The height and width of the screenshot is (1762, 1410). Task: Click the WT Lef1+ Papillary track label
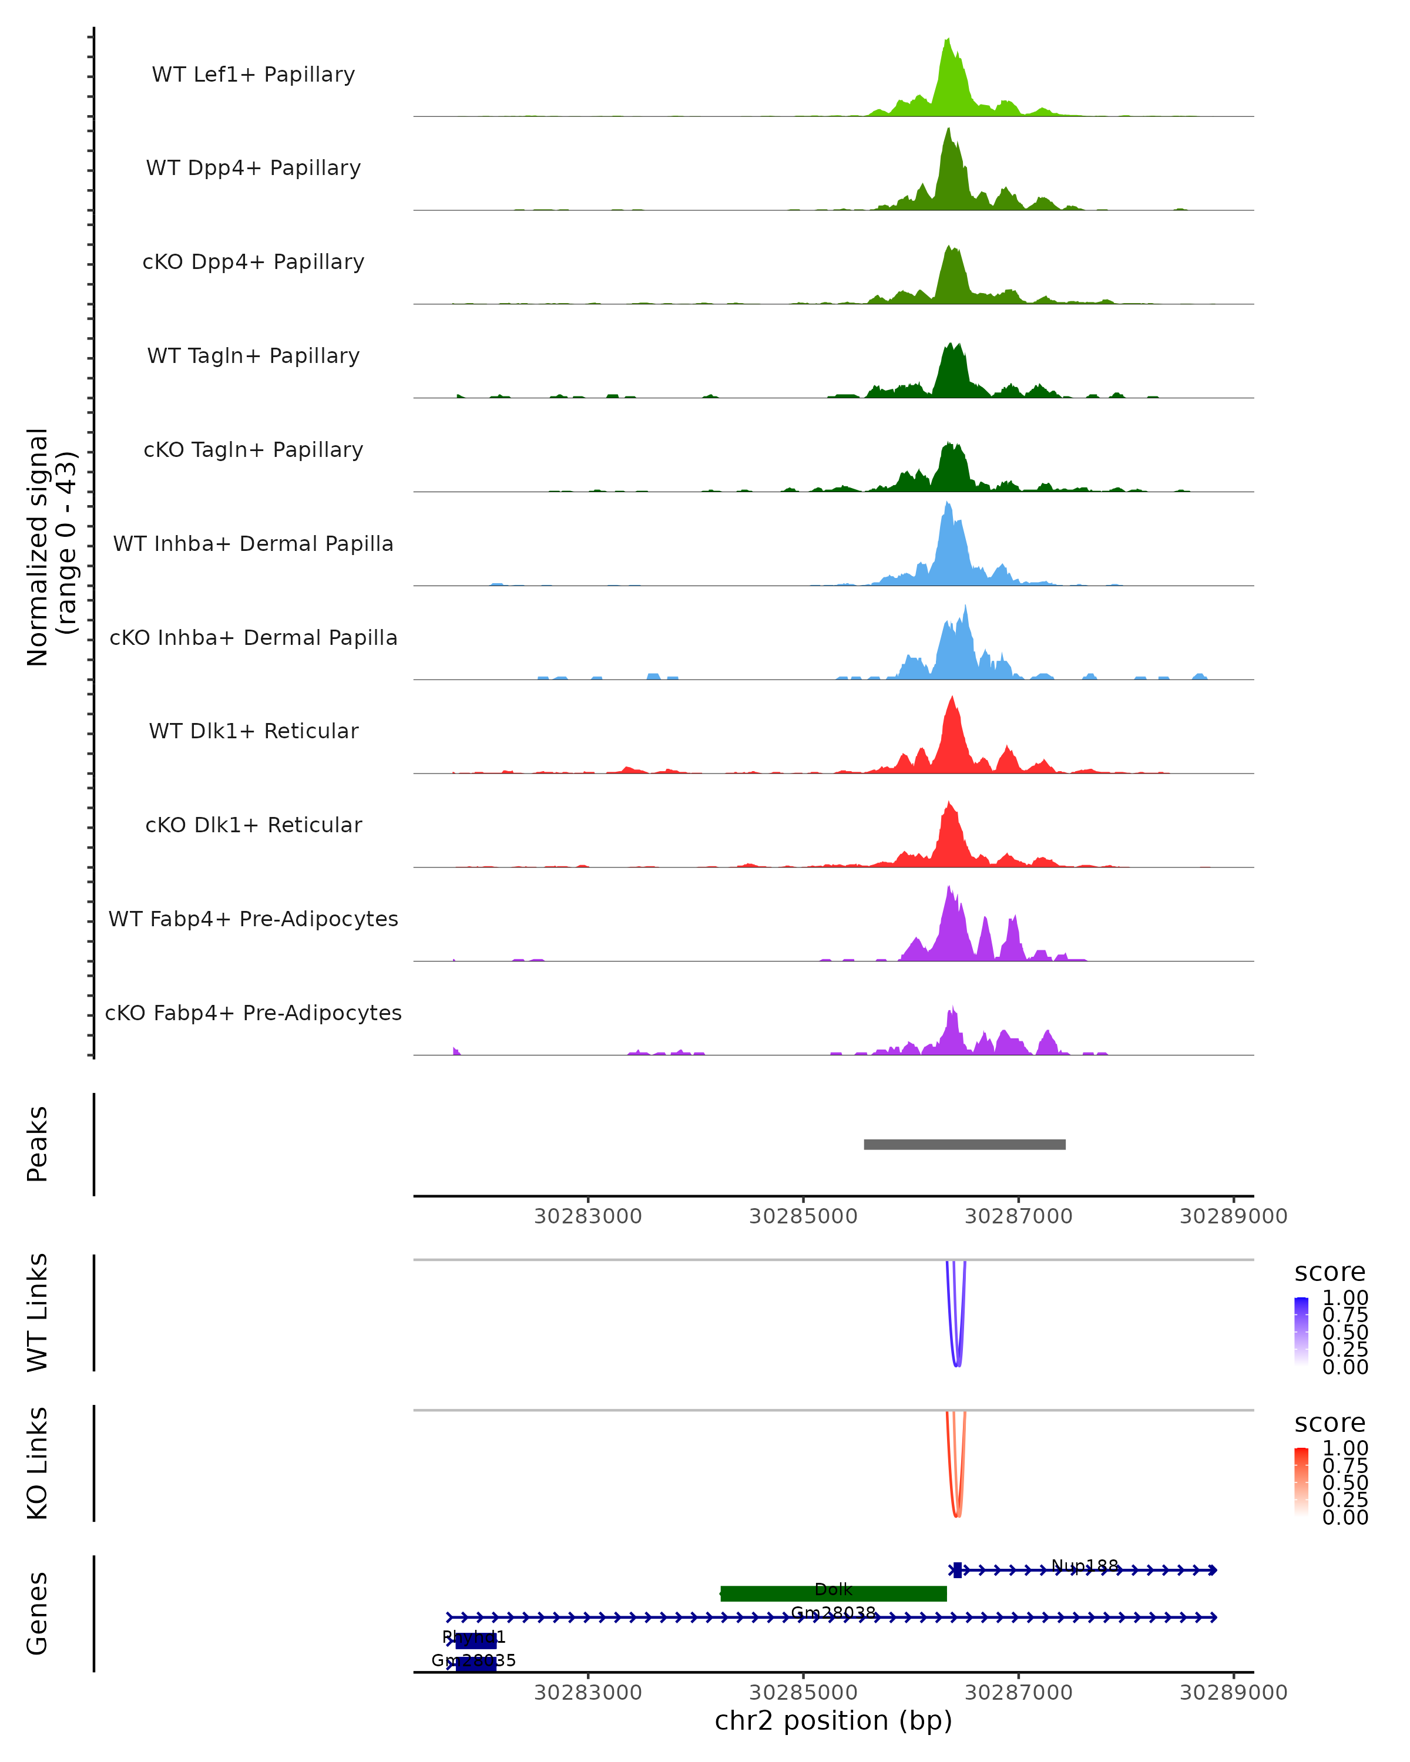pyautogui.click(x=253, y=75)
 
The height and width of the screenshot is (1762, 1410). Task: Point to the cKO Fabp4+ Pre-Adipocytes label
pyautogui.click(x=253, y=1013)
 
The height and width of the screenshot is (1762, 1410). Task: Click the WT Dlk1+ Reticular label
pyautogui.click(x=253, y=731)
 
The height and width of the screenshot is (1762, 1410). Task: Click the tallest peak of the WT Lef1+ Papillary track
pyautogui.click(x=948, y=40)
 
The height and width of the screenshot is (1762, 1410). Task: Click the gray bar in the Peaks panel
pyautogui.click(x=965, y=1144)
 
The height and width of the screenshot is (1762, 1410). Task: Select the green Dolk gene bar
pyautogui.click(x=834, y=1593)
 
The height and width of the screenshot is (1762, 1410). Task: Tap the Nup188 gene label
pyautogui.click(x=1085, y=1565)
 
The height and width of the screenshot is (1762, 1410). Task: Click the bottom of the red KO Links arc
pyautogui.click(x=957, y=1516)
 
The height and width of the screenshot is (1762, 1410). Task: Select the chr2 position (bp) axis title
pyautogui.click(x=834, y=1720)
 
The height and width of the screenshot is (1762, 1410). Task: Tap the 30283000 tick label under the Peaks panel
pyautogui.click(x=587, y=1216)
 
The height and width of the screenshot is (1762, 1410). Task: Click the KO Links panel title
pyautogui.click(x=38, y=1463)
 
